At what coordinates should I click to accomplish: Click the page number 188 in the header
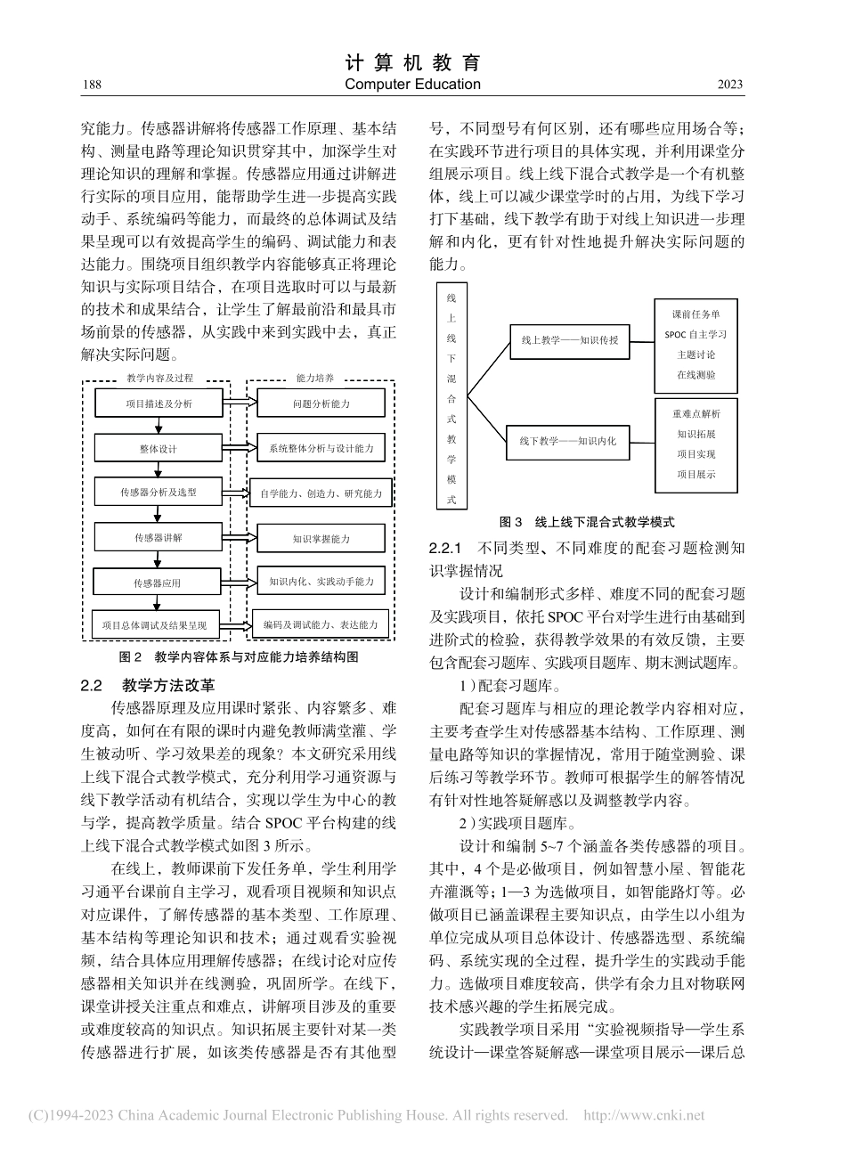click(x=90, y=85)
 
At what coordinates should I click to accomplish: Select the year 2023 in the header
click(x=729, y=85)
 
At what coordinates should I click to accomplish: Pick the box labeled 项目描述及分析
click(x=158, y=403)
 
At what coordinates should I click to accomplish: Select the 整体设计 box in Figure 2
click(x=158, y=449)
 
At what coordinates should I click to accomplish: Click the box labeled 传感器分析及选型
click(x=158, y=492)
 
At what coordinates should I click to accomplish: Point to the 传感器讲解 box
click(x=158, y=538)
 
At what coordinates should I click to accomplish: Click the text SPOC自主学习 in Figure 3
click(x=696, y=334)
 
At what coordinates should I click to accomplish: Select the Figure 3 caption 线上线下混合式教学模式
click(x=587, y=522)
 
